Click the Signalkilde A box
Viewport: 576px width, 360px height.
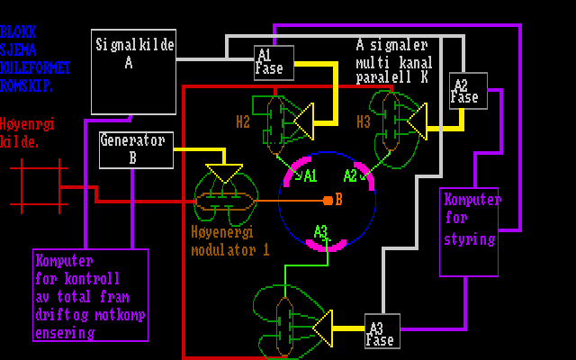click(135, 71)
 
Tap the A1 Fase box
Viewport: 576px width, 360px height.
click(269, 61)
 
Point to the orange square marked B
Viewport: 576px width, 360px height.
click(328, 200)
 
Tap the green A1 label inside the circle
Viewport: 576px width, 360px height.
click(310, 175)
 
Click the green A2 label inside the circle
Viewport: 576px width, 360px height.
click(351, 175)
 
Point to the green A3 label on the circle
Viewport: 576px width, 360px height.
click(321, 232)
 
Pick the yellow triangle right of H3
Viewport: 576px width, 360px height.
click(417, 120)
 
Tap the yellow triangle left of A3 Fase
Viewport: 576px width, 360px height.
click(323, 328)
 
